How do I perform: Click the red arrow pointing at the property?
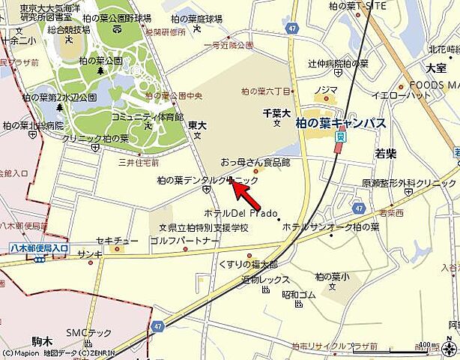click(246, 198)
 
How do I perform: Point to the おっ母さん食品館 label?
click(255, 161)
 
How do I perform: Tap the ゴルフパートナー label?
click(184, 241)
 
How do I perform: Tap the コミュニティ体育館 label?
click(147, 117)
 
